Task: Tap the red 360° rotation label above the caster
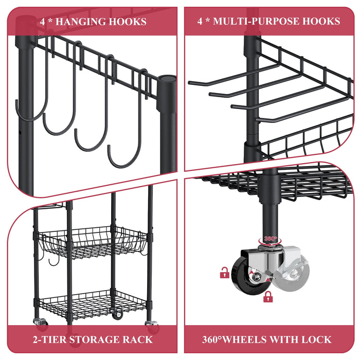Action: [x=271, y=239]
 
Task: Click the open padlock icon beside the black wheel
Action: [x=224, y=273]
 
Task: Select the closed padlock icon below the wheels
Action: [x=267, y=297]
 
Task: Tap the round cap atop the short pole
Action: [x=167, y=80]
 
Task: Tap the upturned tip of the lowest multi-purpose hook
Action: [x=258, y=120]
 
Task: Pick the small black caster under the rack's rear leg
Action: [x=118, y=314]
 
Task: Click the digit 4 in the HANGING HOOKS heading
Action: [x=43, y=22]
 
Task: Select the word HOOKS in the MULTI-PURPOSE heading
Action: [x=322, y=21]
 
